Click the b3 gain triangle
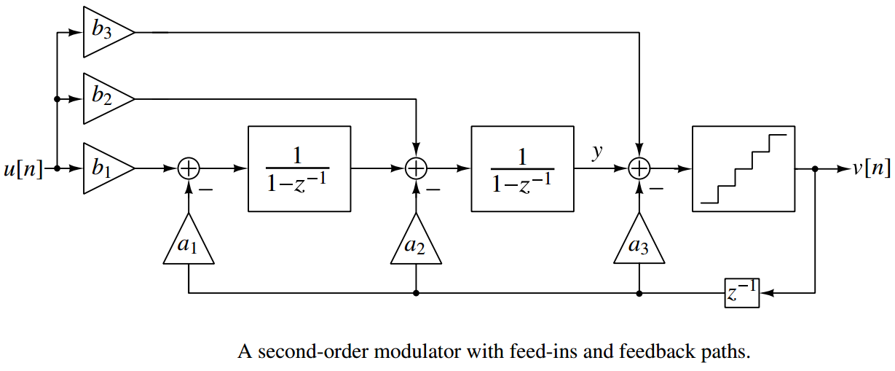click(x=103, y=32)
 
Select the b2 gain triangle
click(x=103, y=98)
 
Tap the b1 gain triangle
click(x=103, y=168)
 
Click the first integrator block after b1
click(x=299, y=168)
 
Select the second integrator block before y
click(x=522, y=168)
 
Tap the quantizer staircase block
click(x=743, y=168)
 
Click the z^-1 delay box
click(x=741, y=293)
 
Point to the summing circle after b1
click(x=189, y=168)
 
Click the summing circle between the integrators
click(x=416, y=168)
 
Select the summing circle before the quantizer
click(x=639, y=168)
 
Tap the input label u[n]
click(x=22, y=169)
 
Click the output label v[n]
click(x=872, y=169)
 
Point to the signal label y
click(x=597, y=151)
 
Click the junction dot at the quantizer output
click(x=815, y=168)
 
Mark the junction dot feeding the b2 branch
click(x=56, y=99)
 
